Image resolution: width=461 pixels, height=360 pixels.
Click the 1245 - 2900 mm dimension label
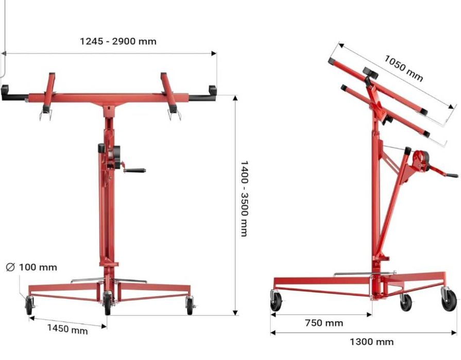(x=118, y=41)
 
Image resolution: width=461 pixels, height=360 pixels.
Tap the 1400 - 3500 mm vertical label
(x=244, y=199)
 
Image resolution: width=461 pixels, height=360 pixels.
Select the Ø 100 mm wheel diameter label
(x=31, y=267)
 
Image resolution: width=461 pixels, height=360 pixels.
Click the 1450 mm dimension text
(x=67, y=329)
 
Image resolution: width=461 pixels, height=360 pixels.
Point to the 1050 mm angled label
(x=404, y=68)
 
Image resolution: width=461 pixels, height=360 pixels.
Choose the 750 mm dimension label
(x=324, y=323)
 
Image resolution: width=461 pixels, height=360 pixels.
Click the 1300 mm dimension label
(x=371, y=342)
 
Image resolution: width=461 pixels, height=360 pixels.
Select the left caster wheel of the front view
(x=29, y=305)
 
